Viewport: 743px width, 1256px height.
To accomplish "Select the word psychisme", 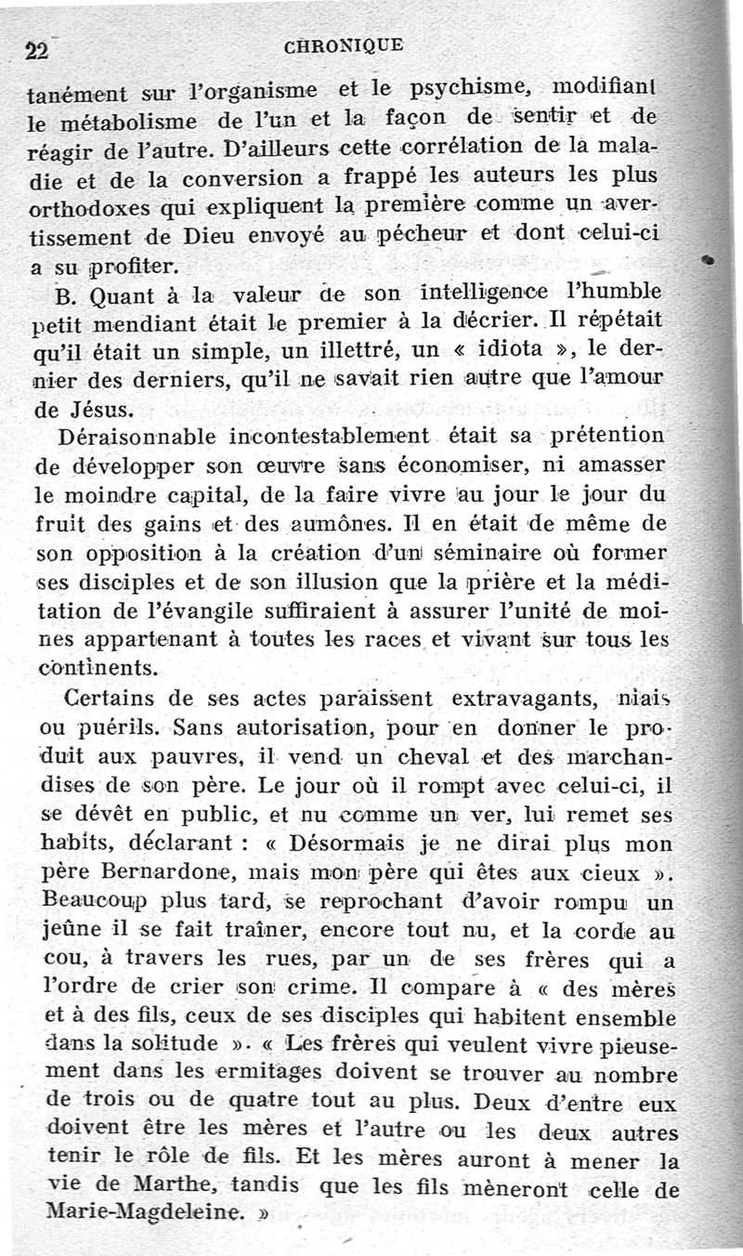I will [463, 90].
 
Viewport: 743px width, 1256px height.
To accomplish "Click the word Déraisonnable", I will [135, 437].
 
